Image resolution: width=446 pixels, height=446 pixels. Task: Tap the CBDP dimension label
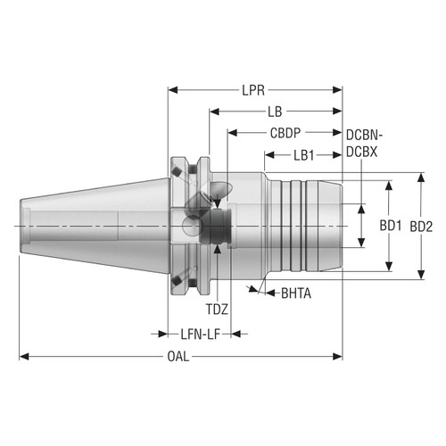(x=285, y=132)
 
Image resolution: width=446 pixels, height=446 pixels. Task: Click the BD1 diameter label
(x=390, y=227)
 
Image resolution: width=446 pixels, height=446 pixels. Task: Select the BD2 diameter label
(x=421, y=227)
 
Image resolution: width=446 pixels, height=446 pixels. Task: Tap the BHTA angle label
(x=297, y=292)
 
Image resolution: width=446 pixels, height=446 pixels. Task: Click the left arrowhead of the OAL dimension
(x=24, y=358)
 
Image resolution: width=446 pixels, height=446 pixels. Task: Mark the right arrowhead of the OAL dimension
(x=339, y=358)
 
